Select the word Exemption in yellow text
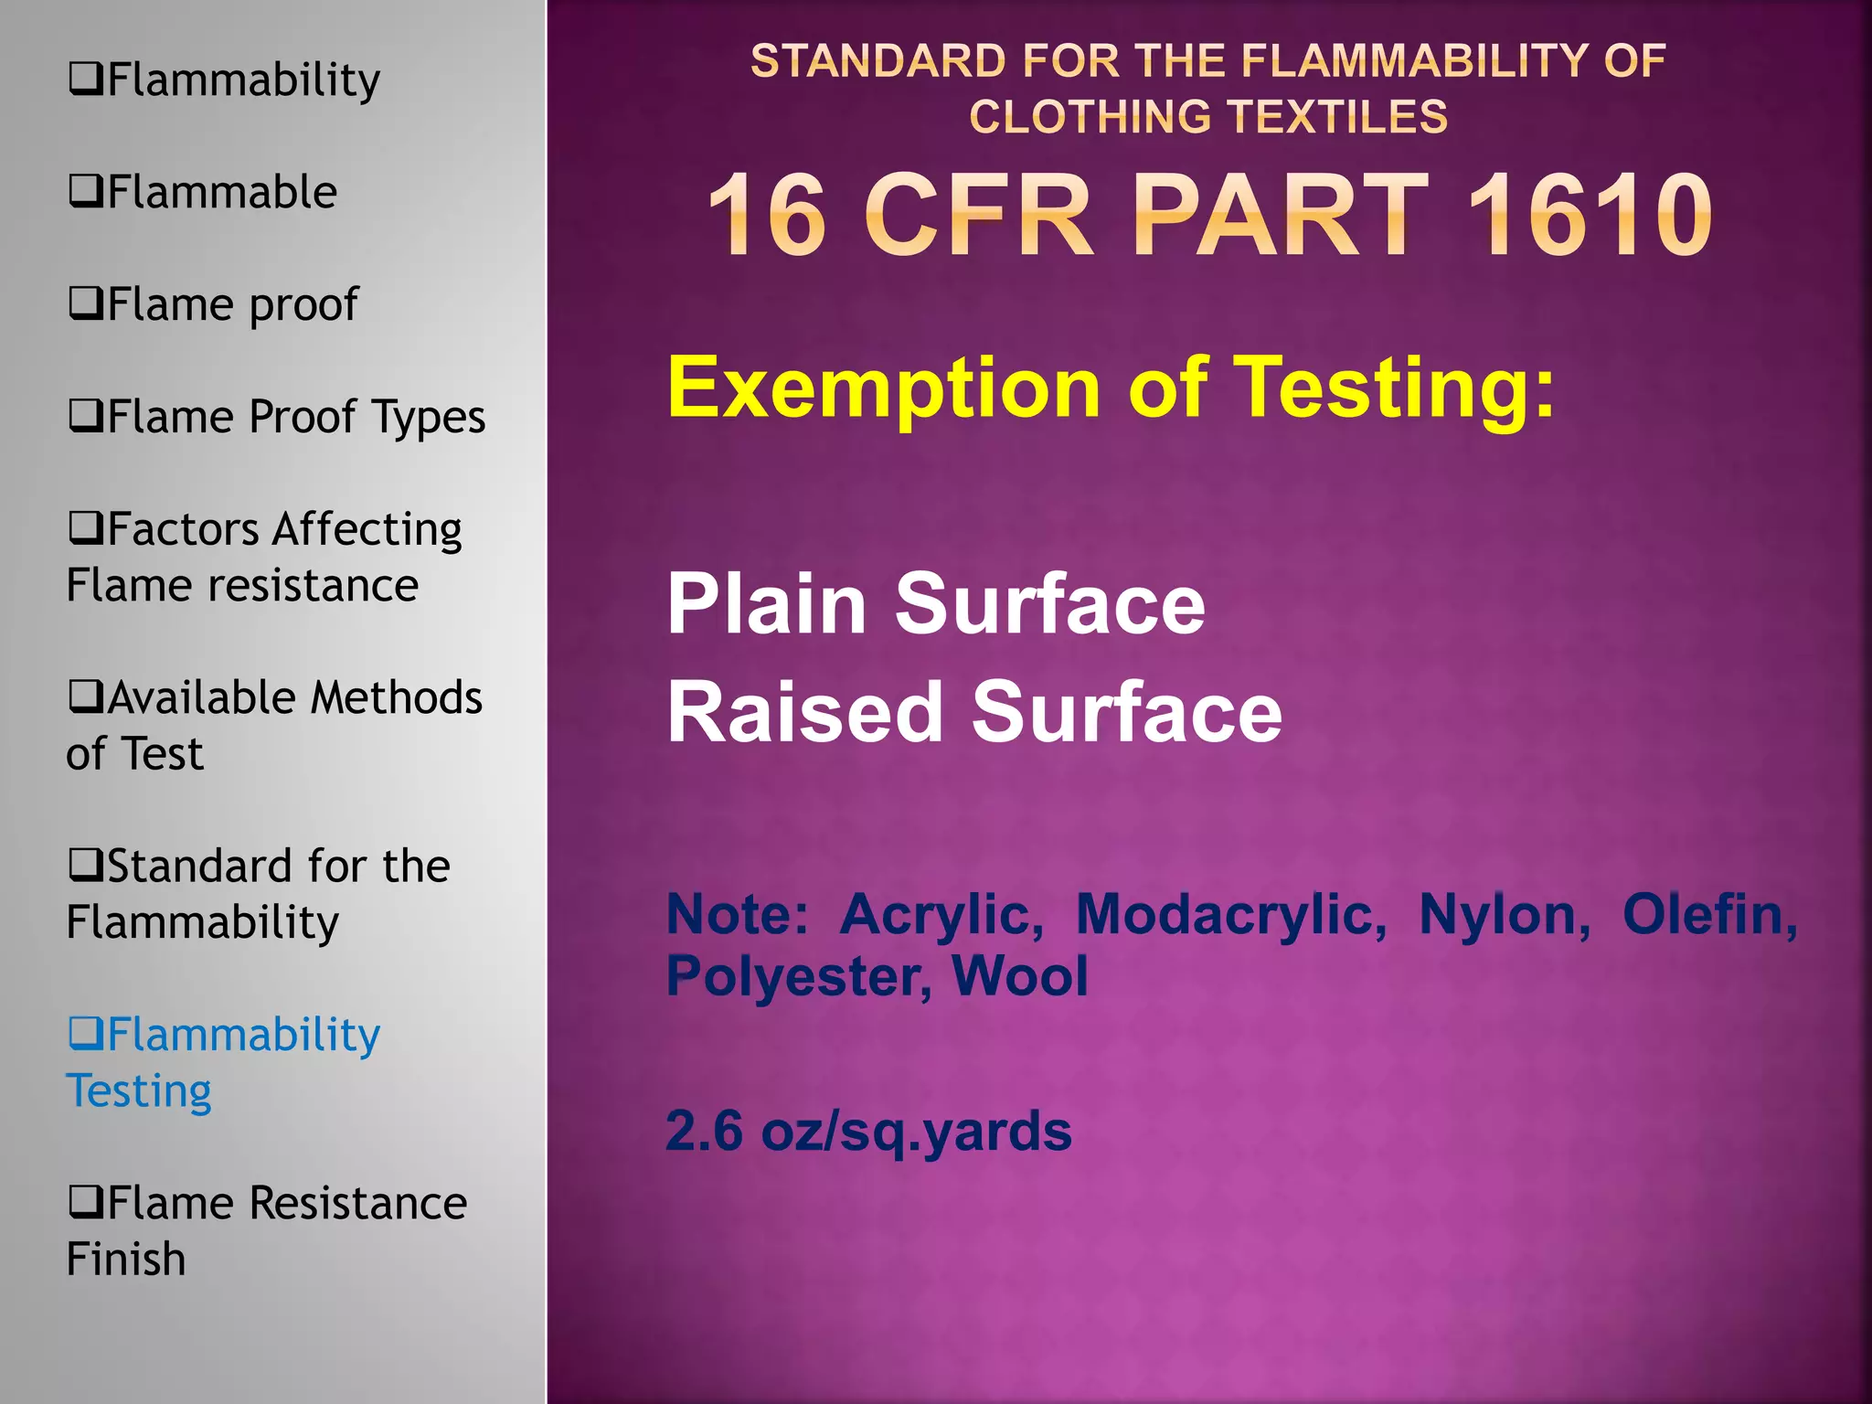tap(883, 388)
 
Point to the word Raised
tap(805, 712)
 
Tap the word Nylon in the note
tap(1504, 914)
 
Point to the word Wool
tap(1019, 976)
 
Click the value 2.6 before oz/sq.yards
tap(704, 1131)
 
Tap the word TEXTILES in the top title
tap(1337, 117)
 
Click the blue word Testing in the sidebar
tap(139, 1091)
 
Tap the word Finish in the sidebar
tap(126, 1260)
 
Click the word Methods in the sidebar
tap(396, 697)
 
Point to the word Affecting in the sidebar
tap(368, 529)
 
